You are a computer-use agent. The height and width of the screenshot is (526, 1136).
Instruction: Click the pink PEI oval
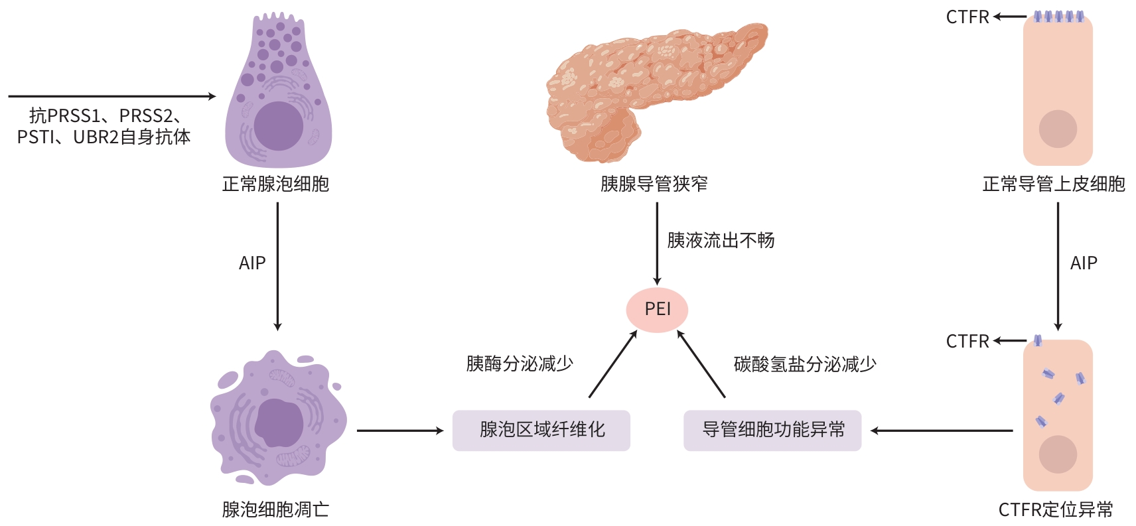[x=657, y=309]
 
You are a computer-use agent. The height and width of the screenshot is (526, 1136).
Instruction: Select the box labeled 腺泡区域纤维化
[x=541, y=430]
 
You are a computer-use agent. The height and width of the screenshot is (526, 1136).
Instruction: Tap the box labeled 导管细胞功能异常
[x=772, y=430]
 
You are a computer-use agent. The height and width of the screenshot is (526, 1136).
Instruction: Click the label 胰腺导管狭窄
[x=654, y=184]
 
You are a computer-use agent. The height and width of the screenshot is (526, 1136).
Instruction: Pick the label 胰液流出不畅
[x=721, y=240]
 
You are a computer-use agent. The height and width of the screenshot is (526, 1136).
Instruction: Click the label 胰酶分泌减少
[x=520, y=363]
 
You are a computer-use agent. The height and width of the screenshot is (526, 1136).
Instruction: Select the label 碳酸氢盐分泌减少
[x=805, y=363]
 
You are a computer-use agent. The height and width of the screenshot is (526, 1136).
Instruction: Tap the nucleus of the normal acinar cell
[x=279, y=126]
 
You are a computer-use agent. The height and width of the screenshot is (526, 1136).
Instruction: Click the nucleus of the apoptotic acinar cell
[x=279, y=423]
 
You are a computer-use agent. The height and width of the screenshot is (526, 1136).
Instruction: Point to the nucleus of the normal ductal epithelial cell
[x=1058, y=129]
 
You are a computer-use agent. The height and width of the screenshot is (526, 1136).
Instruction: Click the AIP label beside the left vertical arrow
[x=252, y=263]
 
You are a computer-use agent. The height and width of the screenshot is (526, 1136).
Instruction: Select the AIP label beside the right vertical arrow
[x=1084, y=263]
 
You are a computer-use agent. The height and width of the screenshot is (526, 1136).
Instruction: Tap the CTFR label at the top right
[x=967, y=17]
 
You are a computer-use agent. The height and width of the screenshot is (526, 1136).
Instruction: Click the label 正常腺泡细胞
[x=275, y=184]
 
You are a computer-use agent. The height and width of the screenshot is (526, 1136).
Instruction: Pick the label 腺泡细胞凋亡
[x=275, y=509]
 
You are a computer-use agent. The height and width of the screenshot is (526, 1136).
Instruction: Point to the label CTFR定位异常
[x=1056, y=509]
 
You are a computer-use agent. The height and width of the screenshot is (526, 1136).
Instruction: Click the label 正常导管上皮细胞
[x=1054, y=184]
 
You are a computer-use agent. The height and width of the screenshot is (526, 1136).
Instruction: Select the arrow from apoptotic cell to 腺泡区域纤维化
[x=400, y=430]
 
